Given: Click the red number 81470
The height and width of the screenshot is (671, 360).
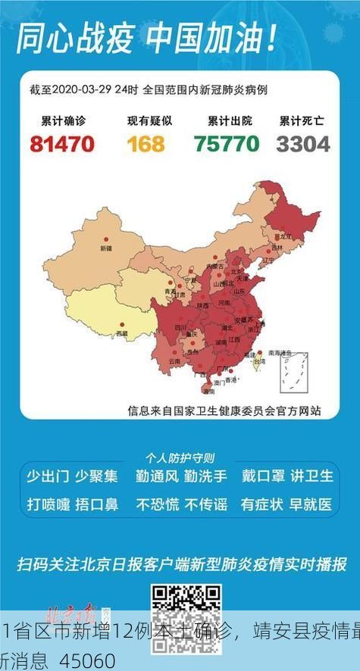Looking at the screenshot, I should pyautogui.click(x=62, y=143).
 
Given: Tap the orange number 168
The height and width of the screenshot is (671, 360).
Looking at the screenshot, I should pyautogui.click(x=146, y=143).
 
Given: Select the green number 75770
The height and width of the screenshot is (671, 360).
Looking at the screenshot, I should pyautogui.click(x=226, y=143).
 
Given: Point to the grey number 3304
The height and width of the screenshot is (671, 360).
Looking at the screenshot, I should pyautogui.click(x=302, y=143).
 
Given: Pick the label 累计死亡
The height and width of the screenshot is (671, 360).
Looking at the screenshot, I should pyautogui.click(x=302, y=120).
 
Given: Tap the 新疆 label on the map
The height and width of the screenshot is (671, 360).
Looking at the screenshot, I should pyautogui.click(x=105, y=248).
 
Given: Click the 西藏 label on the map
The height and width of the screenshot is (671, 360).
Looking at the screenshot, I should pyautogui.click(x=122, y=332).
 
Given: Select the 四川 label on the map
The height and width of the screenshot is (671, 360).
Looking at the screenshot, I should pyautogui.click(x=180, y=327).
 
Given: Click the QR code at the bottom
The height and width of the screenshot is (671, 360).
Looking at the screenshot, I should pyautogui.click(x=180, y=610).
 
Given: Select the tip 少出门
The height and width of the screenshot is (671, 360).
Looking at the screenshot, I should pyautogui.click(x=48, y=476).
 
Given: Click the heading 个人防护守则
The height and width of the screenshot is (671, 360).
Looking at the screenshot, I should pyautogui.click(x=180, y=457).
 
